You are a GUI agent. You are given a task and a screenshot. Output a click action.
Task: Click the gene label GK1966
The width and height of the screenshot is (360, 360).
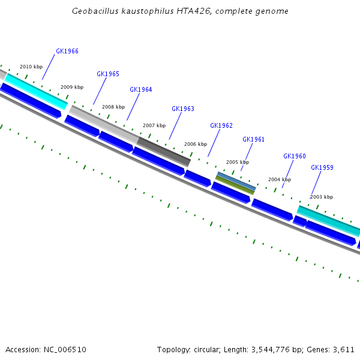pyautogui.click(x=67, y=52)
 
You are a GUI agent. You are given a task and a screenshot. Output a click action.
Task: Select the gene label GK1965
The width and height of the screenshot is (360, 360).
pyautogui.click(x=108, y=74)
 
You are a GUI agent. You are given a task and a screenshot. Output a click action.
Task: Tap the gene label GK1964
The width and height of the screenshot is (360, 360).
pyautogui.click(x=141, y=90)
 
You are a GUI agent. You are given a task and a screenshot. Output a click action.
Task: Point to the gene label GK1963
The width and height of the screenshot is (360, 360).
pyautogui.click(x=183, y=109)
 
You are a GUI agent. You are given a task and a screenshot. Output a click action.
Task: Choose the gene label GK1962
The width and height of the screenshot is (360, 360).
pyautogui.click(x=221, y=126)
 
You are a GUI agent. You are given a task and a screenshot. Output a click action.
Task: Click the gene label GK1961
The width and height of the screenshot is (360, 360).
pyautogui.click(x=253, y=139)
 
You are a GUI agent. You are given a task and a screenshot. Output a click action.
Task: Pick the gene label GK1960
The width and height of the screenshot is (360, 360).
pyautogui.click(x=295, y=157)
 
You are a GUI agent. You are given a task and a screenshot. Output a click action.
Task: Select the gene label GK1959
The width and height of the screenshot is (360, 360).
pyautogui.click(x=322, y=168)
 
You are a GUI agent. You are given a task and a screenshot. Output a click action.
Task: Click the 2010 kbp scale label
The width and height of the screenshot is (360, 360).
pyautogui.click(x=31, y=67)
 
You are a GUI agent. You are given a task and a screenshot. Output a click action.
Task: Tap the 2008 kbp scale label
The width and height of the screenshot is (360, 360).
pyautogui.click(x=113, y=107)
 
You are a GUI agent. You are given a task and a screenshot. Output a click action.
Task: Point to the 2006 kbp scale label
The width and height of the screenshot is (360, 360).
pyautogui.click(x=196, y=145)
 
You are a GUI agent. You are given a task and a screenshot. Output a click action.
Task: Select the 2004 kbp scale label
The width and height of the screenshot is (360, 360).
pyautogui.click(x=280, y=180)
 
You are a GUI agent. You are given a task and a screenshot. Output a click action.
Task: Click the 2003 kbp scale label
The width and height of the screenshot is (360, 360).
pyautogui.click(x=322, y=197)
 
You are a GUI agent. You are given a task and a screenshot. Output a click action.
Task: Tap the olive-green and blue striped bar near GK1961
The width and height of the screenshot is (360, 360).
pyautogui.click(x=236, y=182)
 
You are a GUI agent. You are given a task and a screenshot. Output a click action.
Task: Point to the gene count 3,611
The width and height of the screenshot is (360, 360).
pyautogui.click(x=344, y=349)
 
